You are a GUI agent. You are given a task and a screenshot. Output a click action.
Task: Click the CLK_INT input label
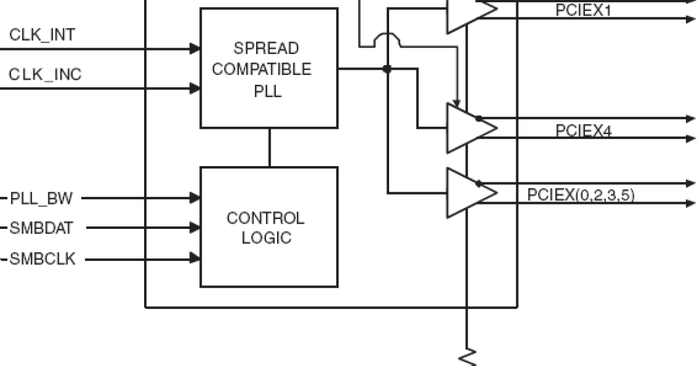(42, 35)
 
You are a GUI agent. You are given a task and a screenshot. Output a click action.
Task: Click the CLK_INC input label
(45, 75)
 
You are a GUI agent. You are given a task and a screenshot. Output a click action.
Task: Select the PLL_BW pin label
(41, 199)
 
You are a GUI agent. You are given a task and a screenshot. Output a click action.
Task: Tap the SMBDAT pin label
(42, 229)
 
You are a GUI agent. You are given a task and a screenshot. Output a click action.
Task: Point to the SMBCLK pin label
(43, 259)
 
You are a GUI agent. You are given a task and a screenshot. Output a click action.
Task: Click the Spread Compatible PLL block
(269, 69)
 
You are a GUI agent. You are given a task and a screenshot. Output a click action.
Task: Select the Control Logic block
(269, 227)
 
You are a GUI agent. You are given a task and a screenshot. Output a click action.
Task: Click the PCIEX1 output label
(583, 10)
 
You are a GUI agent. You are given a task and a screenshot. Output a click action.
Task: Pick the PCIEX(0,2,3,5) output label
(581, 195)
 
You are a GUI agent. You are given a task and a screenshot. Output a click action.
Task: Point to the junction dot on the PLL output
(387, 69)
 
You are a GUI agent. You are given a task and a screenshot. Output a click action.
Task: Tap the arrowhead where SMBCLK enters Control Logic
(196, 259)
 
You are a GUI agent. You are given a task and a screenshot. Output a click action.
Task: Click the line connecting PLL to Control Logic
(270, 148)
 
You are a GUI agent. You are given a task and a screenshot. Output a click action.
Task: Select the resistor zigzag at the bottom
(467, 357)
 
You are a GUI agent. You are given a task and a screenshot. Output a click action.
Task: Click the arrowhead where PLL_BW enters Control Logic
(196, 199)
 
